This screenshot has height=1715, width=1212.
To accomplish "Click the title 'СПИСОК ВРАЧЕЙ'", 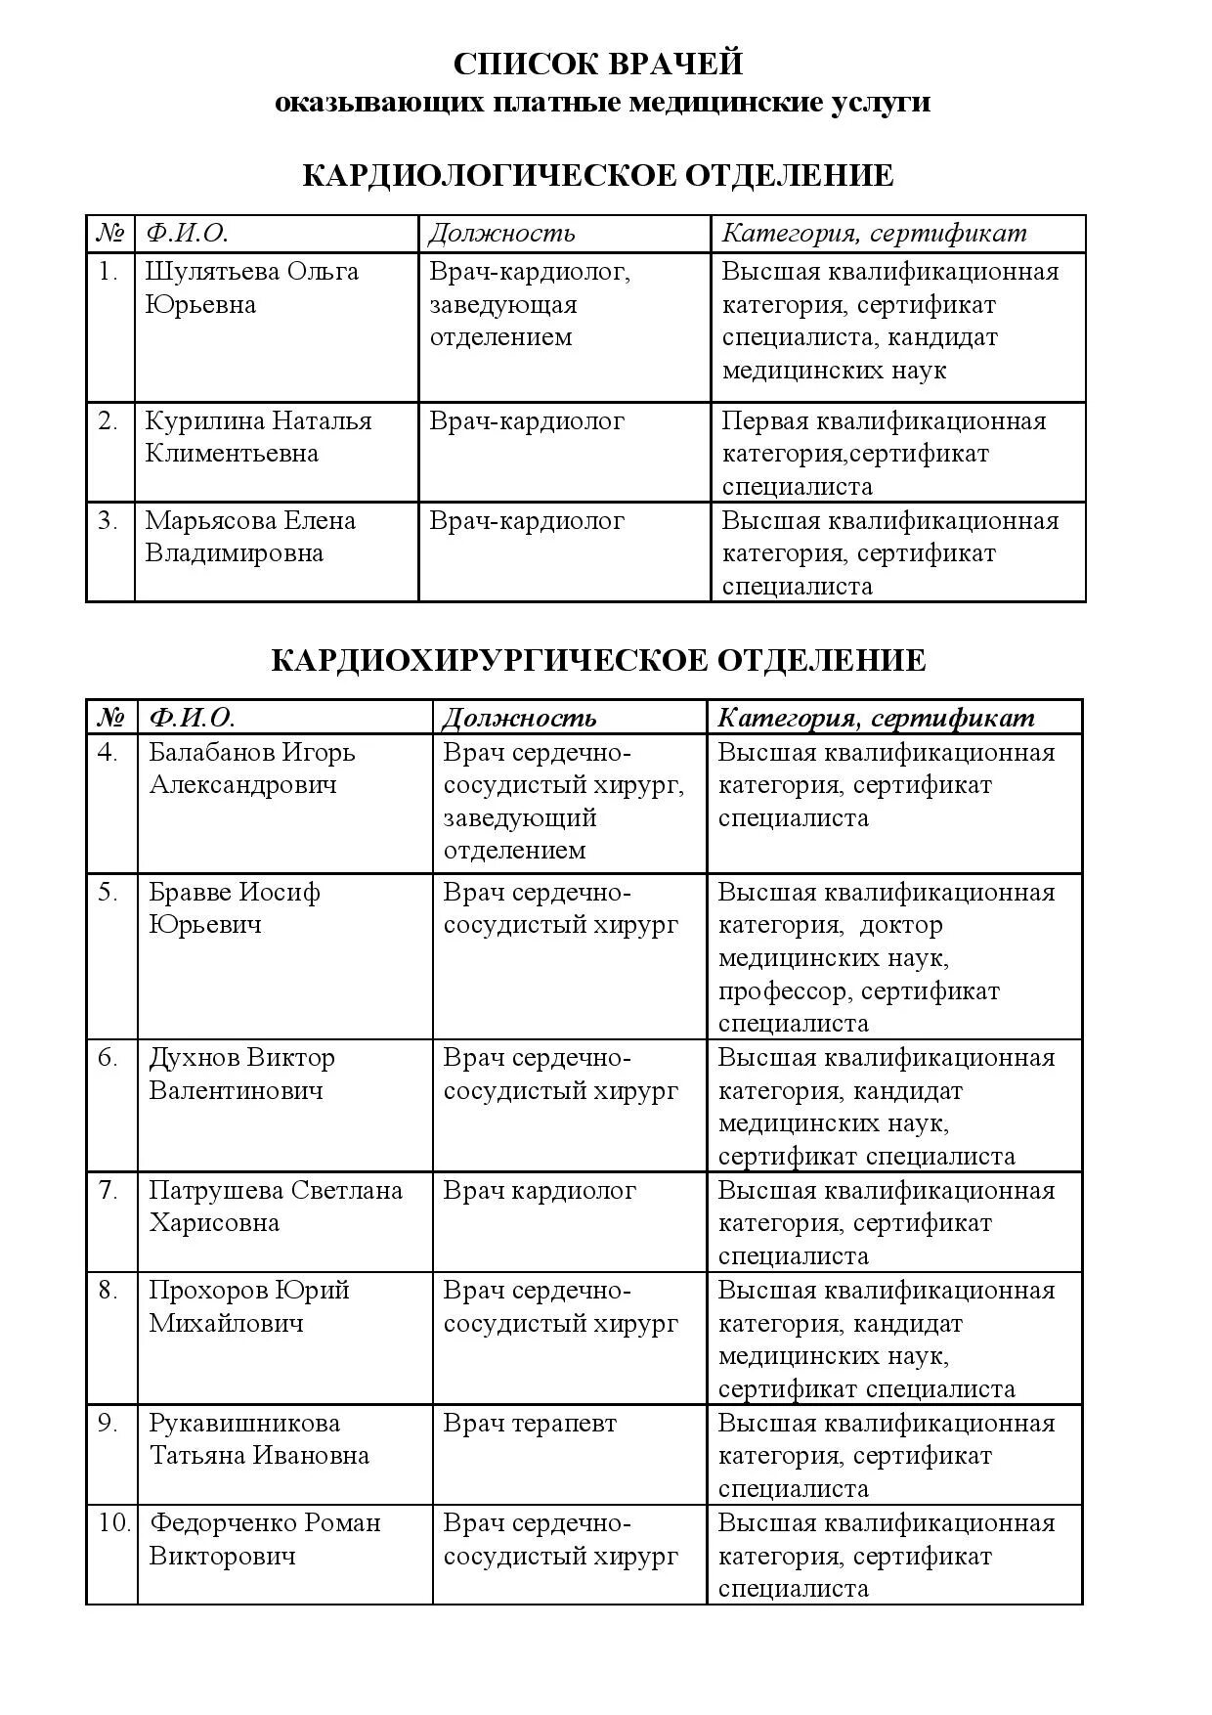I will click(x=598, y=64).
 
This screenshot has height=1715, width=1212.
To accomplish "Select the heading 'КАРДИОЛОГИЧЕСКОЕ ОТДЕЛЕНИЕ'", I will click(x=598, y=176).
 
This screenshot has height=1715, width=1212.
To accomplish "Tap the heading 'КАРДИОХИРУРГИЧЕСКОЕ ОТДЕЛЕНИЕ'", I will click(x=598, y=660).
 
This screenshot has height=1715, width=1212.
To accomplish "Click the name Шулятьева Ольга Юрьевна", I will click(x=251, y=287).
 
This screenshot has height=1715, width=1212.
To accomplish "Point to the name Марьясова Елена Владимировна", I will click(x=250, y=536).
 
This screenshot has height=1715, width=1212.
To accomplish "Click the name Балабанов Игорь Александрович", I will click(x=251, y=769).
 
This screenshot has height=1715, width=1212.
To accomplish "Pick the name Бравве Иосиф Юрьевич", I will click(x=234, y=907).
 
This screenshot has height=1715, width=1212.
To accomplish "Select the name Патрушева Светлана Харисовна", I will click(x=275, y=1206).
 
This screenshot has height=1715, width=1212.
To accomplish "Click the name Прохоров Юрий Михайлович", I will click(x=248, y=1306).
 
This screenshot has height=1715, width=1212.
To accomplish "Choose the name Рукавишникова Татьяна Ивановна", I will click(x=258, y=1438).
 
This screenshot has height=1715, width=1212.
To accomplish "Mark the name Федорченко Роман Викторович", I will click(x=264, y=1538).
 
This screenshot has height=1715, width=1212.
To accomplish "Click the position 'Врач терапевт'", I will click(x=530, y=1423).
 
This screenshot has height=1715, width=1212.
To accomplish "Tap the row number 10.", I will click(x=113, y=1522).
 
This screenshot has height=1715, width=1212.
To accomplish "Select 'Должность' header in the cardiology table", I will click(x=501, y=234).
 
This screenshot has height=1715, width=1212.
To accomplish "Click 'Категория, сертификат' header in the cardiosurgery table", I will click(x=876, y=718).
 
